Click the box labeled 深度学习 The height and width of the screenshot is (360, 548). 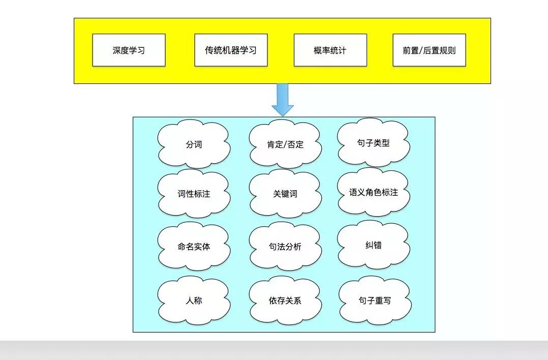[129, 50]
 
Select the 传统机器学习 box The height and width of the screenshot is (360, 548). [231, 50]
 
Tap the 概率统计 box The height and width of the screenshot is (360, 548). [330, 50]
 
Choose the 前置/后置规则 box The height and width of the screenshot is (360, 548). [429, 50]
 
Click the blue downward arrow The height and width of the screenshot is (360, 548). [283, 99]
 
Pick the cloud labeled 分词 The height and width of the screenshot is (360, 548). [194, 144]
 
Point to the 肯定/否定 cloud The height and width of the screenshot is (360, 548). [285, 144]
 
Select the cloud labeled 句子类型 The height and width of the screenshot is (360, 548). [374, 143]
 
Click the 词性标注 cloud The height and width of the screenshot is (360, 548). [194, 194]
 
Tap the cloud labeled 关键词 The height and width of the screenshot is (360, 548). [285, 194]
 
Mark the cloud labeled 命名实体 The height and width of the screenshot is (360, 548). [194, 247]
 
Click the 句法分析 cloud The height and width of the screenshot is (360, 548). [285, 247]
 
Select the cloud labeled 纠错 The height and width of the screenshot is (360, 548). [374, 245]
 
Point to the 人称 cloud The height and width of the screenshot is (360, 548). [194, 300]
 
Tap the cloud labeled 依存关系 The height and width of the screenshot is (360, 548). [285, 300]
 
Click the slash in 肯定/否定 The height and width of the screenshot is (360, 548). [286, 145]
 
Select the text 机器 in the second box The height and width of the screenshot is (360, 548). [230, 50]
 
